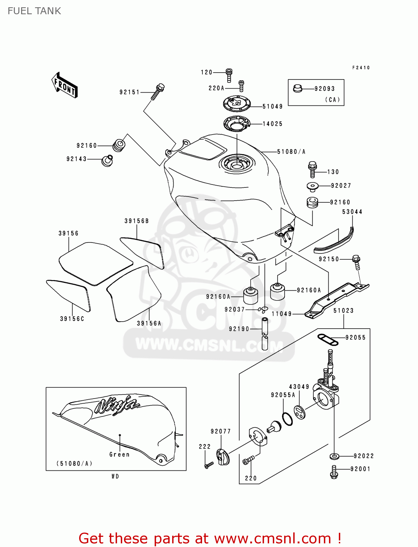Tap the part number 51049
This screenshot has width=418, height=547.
pos(272,106)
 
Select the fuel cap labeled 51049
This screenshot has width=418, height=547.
pos(237,103)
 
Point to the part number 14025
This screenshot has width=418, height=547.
pos(272,124)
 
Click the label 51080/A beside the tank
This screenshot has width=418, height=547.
pos(291,152)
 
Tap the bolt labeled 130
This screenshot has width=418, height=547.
pos(312,170)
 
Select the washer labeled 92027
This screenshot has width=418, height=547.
pos(313,187)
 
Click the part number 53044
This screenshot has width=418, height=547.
pos(352,212)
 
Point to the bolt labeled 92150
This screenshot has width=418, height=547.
pos(356,261)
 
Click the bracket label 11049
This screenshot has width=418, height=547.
pos(282,314)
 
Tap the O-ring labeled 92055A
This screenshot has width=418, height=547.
pos(287,419)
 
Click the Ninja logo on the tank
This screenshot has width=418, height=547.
pos(117,405)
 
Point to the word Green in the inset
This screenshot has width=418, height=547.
pos(119,454)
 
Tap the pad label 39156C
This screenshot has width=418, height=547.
pos(72,319)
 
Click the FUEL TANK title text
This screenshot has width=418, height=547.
pos(34,11)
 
